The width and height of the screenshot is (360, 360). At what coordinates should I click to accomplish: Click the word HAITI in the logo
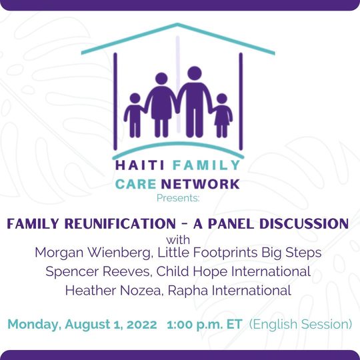(140, 165)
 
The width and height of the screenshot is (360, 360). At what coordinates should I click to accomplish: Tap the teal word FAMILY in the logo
(206, 165)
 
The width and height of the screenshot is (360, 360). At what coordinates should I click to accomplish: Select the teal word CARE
(136, 184)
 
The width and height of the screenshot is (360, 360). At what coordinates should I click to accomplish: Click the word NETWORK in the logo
(201, 184)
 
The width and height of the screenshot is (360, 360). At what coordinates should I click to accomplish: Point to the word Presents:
(178, 198)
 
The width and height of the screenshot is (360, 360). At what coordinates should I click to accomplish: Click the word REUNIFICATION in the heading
(120, 223)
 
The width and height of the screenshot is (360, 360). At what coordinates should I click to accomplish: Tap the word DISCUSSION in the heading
(304, 223)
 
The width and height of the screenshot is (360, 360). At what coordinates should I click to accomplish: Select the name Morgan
(59, 253)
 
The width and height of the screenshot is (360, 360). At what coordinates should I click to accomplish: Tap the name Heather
(91, 291)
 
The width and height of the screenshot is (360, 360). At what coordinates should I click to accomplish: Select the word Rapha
(188, 291)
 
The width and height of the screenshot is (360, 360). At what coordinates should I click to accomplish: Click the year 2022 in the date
(141, 325)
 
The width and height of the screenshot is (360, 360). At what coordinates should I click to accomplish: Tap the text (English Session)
(300, 325)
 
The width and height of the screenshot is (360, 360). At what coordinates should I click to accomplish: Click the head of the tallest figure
(195, 73)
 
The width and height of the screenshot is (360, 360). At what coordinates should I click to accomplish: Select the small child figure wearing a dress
(222, 115)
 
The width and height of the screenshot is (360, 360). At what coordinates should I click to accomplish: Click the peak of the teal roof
(177, 24)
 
